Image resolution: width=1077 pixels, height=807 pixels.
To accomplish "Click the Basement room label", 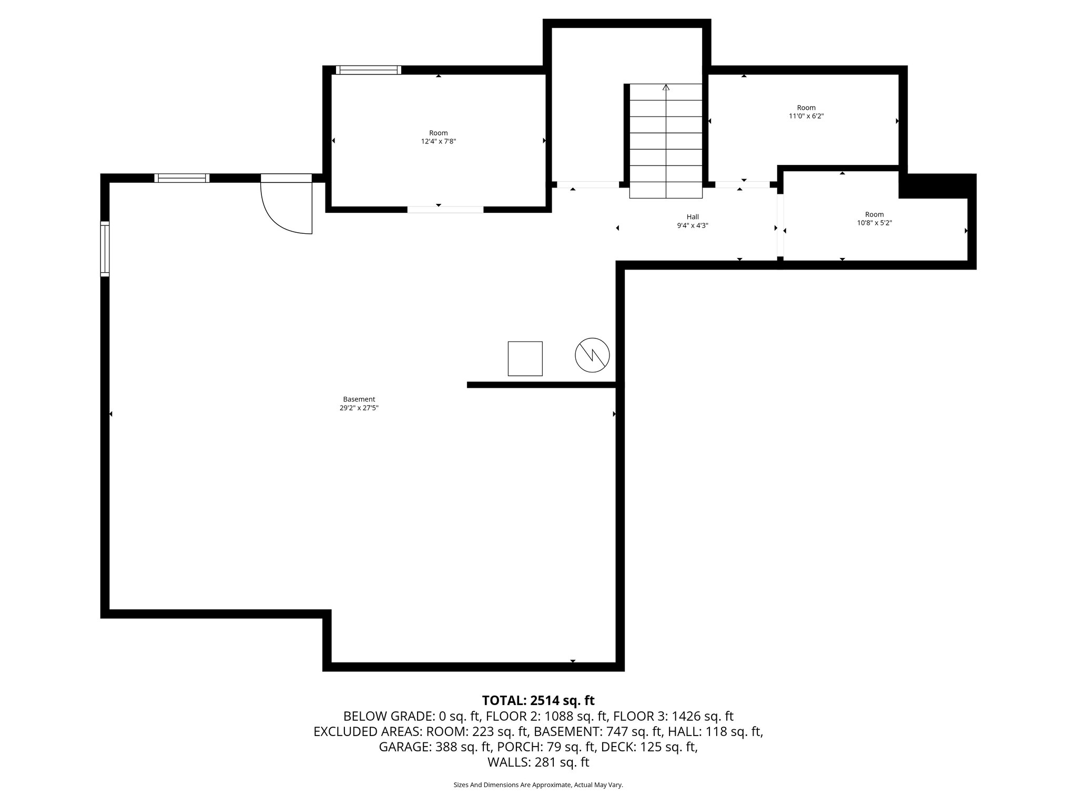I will [359, 399].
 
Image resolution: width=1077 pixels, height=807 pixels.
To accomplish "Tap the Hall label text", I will [693, 217].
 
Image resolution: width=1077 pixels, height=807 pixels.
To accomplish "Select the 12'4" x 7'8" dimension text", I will [438, 141].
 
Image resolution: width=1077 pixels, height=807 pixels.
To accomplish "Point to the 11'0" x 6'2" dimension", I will [806, 116].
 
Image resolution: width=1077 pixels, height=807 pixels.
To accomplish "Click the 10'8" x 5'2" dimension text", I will [874, 223].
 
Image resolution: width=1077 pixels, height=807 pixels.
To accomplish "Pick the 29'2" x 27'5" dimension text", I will [359, 408].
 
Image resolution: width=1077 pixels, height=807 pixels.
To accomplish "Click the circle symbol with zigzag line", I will [592, 355].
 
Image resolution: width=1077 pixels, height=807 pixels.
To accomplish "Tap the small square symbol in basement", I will [525, 358].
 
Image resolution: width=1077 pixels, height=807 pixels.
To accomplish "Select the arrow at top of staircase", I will [666, 88].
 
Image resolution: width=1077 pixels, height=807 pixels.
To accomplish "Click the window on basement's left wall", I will [105, 249].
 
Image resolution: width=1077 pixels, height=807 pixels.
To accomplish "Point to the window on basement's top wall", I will [182, 178].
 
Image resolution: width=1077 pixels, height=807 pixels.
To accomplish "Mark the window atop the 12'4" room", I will [368, 70].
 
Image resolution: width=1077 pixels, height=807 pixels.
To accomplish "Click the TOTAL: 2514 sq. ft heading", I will [538, 700].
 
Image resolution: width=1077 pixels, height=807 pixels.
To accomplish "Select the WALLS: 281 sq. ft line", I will [538, 762].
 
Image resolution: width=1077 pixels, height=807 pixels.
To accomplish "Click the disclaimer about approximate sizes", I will [538, 785].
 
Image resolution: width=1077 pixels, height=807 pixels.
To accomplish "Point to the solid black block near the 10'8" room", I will [936, 185].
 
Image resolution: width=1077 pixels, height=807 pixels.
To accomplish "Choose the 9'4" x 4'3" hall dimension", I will [693, 225].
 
